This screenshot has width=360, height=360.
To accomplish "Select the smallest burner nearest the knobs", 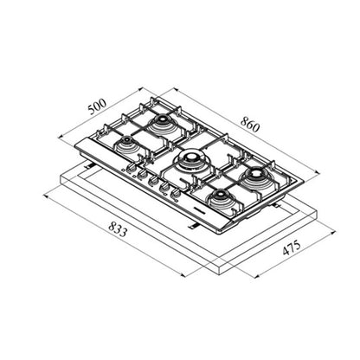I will pyautogui.click(x=126, y=143).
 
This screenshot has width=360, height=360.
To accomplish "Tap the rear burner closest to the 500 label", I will pyautogui.click(x=160, y=125).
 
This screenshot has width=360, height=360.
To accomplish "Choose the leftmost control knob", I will pyautogui.click(x=132, y=166).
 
